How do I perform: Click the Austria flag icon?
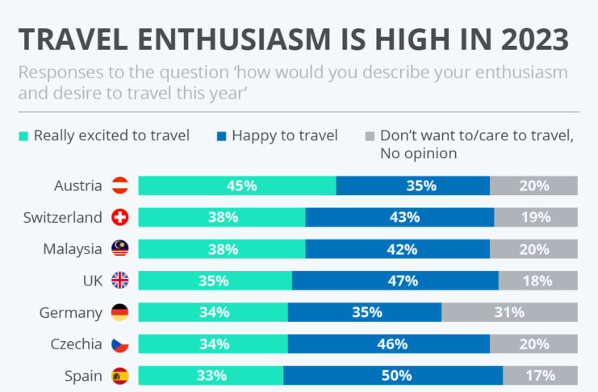pyautogui.click(x=119, y=186)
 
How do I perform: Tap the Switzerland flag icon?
pyautogui.click(x=119, y=217)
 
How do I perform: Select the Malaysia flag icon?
pyautogui.click(x=119, y=248)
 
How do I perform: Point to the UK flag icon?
pyautogui.click(x=119, y=280)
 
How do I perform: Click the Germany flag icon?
pyautogui.click(x=119, y=312)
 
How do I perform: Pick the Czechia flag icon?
pyautogui.click(x=119, y=344)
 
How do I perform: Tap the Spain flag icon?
pyautogui.click(x=119, y=375)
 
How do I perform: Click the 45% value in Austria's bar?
pyautogui.click(x=241, y=186)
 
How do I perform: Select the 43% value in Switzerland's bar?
pyautogui.click(x=404, y=217)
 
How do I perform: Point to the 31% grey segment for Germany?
pyautogui.click(x=509, y=312)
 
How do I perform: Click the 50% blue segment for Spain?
pyautogui.click(x=396, y=375)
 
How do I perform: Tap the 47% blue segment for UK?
pyautogui.click(x=402, y=281)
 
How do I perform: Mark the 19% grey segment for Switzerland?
pyautogui.click(x=536, y=217)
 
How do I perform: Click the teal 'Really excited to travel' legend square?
pyautogui.click(x=23, y=136)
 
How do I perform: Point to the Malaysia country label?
pyautogui.click(x=73, y=248)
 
